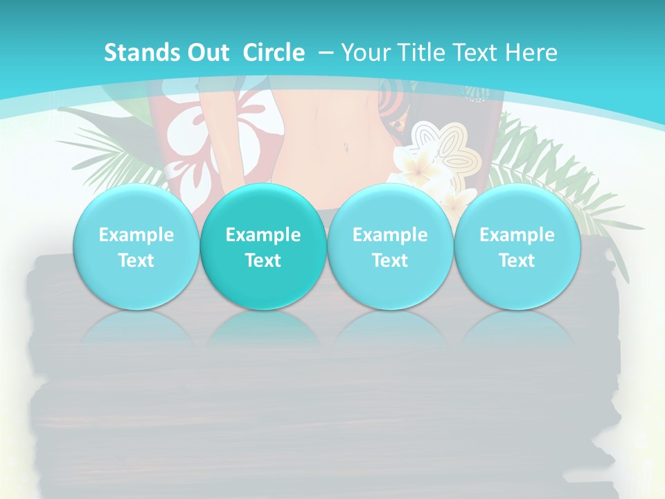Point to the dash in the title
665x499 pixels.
pos(326,53)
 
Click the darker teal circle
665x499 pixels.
pos(263,247)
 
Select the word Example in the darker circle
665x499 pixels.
pos(263,235)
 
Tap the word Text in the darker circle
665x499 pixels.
pos(263,261)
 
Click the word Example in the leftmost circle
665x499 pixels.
pos(136,235)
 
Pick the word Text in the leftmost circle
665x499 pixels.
pos(136,261)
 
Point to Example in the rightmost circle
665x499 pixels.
pos(517,235)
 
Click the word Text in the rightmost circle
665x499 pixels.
pos(517,261)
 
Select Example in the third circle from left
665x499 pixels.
pos(390,235)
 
